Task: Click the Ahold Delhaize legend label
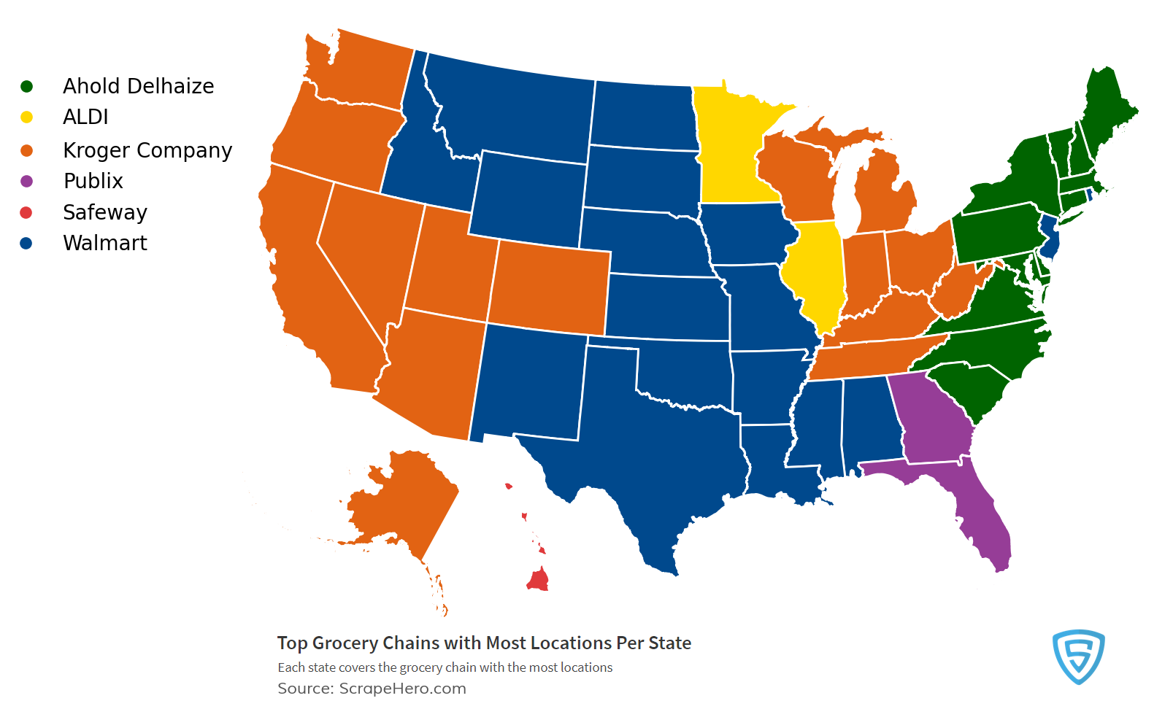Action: [138, 86]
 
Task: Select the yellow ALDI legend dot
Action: [27, 117]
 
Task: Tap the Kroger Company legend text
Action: [147, 150]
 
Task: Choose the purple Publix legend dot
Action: [27, 181]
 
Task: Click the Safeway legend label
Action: [105, 212]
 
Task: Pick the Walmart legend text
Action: [105, 243]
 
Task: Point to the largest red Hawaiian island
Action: [539, 581]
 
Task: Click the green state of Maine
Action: [1106, 109]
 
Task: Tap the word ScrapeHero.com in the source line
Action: [402, 689]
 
